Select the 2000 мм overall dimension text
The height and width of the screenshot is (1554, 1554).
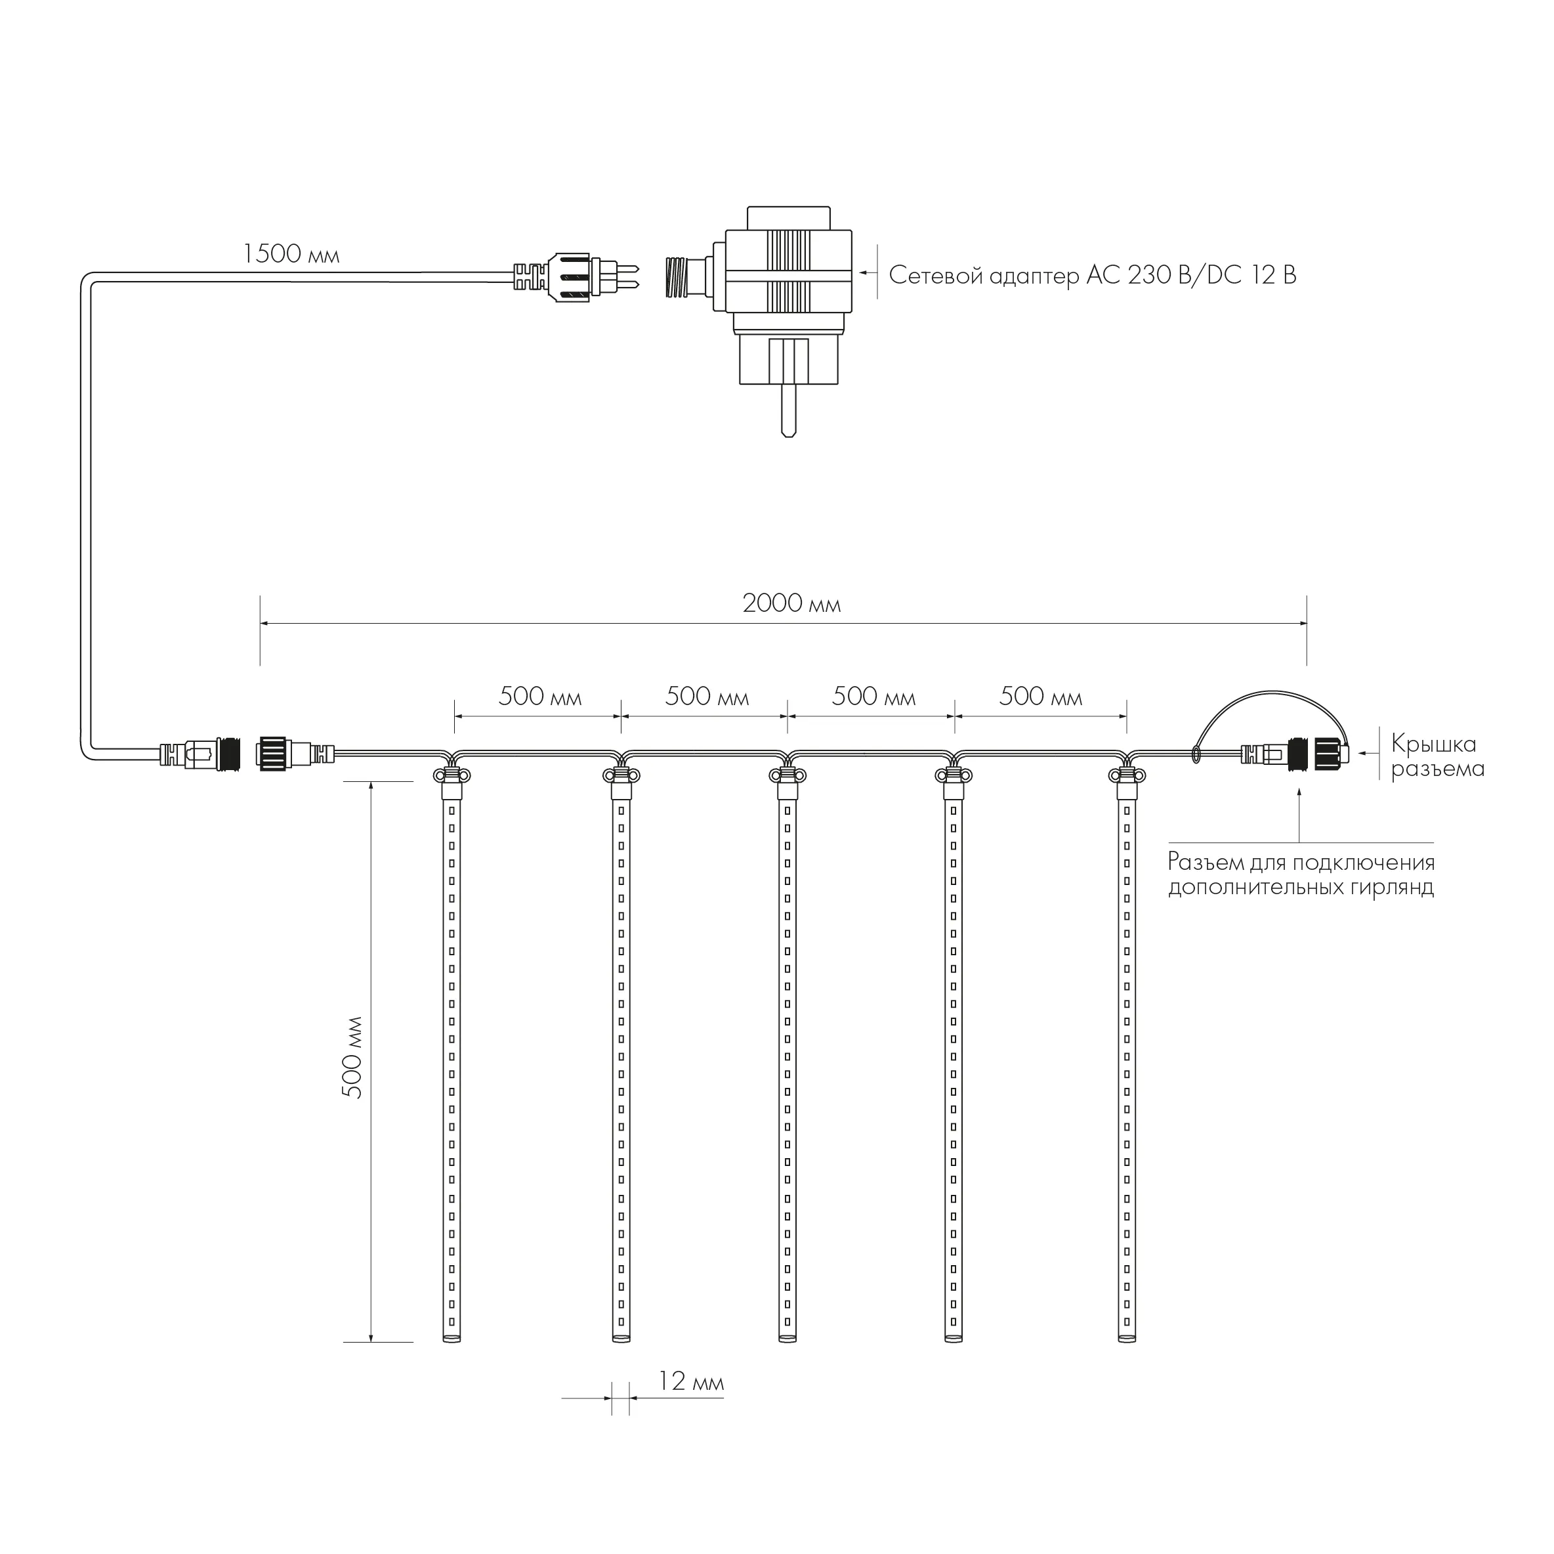pos(791,603)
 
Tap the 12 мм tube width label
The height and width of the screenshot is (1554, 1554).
pos(691,1382)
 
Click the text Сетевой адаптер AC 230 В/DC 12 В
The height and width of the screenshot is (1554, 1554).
pos(1092,276)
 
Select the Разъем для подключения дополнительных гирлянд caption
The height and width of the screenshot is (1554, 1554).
pos(1301,874)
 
